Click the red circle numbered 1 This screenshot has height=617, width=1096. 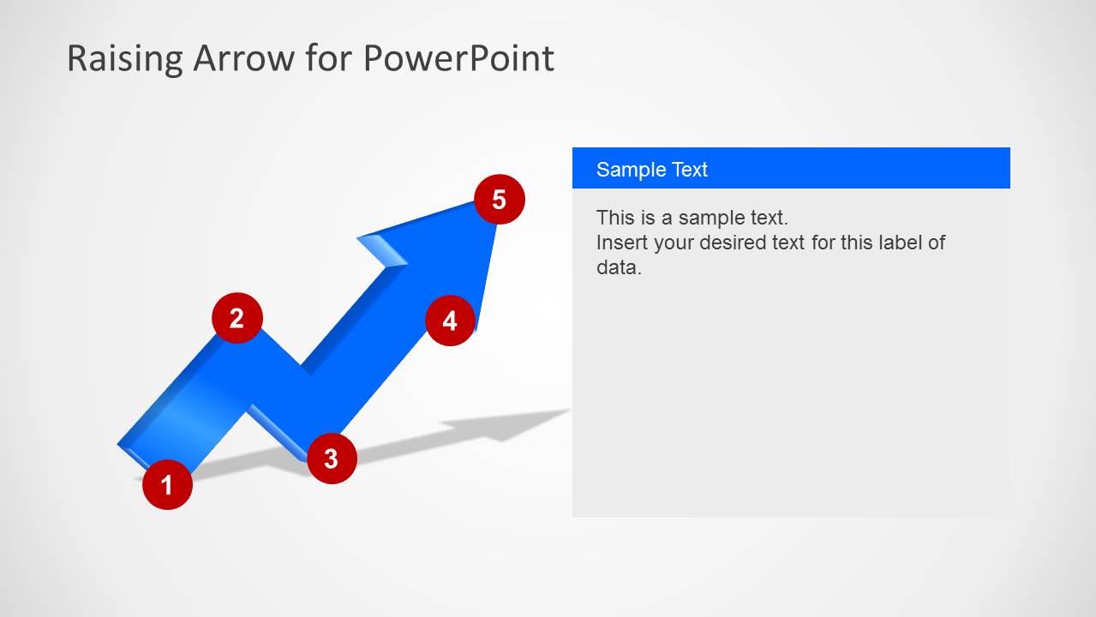167,485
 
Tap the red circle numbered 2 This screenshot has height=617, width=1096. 237,318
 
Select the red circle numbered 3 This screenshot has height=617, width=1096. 332,458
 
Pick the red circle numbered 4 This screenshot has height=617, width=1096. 450,320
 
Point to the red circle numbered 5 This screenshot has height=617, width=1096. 499,200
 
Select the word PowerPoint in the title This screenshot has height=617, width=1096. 458,58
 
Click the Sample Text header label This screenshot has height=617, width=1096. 651,169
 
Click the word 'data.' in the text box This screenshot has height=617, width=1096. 619,267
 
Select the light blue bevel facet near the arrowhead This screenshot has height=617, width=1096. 383,249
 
